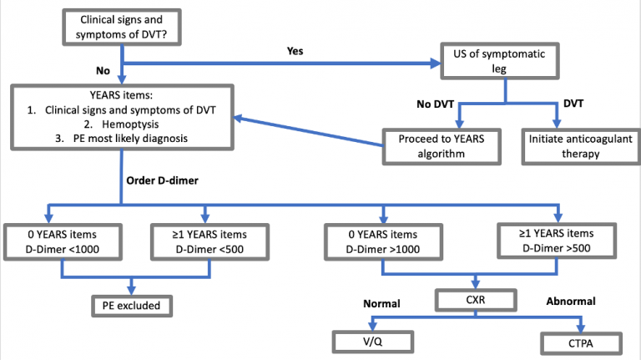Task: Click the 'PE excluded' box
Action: coord(133,306)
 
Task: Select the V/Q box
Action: coord(368,342)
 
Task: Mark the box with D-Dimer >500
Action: coord(553,241)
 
